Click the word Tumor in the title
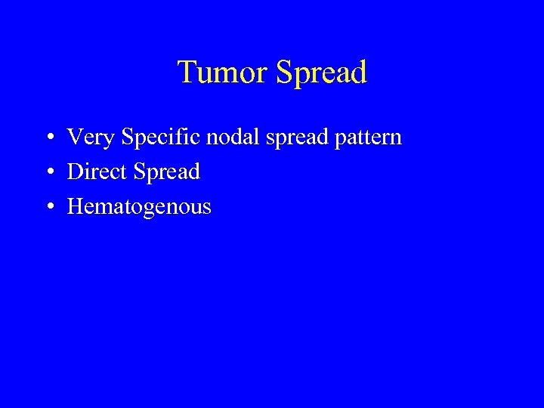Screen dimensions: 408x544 tap(223, 73)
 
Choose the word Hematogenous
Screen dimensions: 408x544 tap(139, 207)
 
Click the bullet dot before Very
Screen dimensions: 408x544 tap(48, 138)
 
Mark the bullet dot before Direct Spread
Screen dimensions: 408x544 tap(48, 172)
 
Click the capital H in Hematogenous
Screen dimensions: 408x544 tap(76, 206)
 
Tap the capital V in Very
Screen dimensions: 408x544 tap(75, 138)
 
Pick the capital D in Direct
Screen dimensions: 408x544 tap(75, 172)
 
